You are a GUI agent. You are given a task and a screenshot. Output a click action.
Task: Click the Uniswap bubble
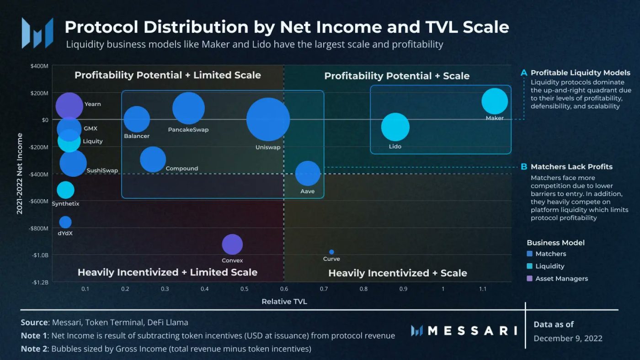268,119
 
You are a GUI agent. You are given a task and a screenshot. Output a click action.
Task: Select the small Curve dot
331,252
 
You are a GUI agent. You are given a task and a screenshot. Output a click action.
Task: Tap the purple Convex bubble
232,244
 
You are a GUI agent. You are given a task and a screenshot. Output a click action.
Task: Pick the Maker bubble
495,101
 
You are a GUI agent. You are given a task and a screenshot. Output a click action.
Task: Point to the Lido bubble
395,127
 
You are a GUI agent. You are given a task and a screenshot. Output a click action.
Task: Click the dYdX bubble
65,222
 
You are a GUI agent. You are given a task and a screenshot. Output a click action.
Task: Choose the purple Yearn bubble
69,106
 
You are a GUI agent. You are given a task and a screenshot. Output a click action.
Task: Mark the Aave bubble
308,174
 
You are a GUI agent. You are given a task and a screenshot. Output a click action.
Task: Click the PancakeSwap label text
188,130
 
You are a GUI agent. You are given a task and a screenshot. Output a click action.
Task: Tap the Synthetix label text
65,204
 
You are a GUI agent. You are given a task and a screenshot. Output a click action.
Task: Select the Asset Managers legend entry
561,278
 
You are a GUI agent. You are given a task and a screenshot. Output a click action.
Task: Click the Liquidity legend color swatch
529,266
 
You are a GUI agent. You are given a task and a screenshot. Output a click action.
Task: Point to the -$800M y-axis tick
39,228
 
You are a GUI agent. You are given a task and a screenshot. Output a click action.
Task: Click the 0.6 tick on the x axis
284,289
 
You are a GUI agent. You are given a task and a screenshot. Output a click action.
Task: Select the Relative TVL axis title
284,302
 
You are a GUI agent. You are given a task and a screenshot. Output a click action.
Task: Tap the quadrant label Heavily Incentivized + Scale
397,273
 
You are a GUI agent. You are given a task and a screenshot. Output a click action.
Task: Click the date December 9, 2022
568,339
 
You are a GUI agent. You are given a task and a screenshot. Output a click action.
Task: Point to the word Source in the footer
35,323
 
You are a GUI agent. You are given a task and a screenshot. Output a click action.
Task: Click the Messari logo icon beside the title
37,33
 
